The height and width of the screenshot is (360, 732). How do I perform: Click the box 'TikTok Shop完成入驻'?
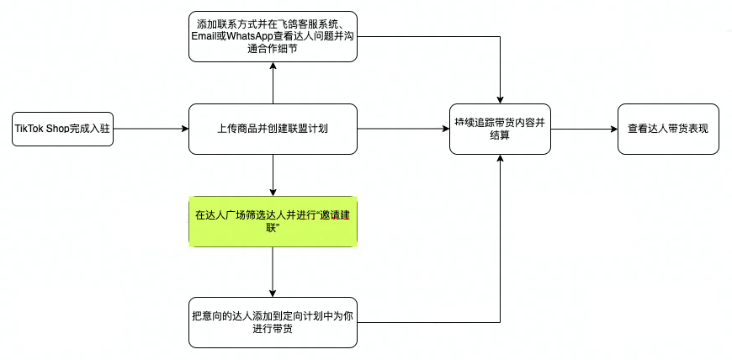(62, 129)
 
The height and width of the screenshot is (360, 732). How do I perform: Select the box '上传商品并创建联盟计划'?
(273, 129)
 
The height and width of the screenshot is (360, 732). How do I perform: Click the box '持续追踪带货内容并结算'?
(500, 129)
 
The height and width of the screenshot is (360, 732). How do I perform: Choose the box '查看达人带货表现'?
(668, 129)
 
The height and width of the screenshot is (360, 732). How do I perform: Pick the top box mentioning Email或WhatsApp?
(273, 36)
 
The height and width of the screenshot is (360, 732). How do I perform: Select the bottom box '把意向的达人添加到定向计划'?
(273, 322)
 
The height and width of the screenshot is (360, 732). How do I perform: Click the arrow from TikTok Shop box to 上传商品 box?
(150, 129)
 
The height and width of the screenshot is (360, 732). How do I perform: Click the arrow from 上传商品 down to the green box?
(273, 175)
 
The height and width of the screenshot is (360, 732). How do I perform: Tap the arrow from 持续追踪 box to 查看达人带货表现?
(584, 129)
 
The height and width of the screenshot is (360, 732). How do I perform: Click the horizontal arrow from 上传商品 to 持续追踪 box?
(403, 129)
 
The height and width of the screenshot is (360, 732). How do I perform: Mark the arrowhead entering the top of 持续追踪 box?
(501, 98)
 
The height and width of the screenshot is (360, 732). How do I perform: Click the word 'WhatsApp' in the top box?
(255, 36)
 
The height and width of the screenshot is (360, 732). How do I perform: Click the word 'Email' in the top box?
(209, 36)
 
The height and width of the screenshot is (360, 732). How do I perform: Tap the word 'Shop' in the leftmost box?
(57, 129)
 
